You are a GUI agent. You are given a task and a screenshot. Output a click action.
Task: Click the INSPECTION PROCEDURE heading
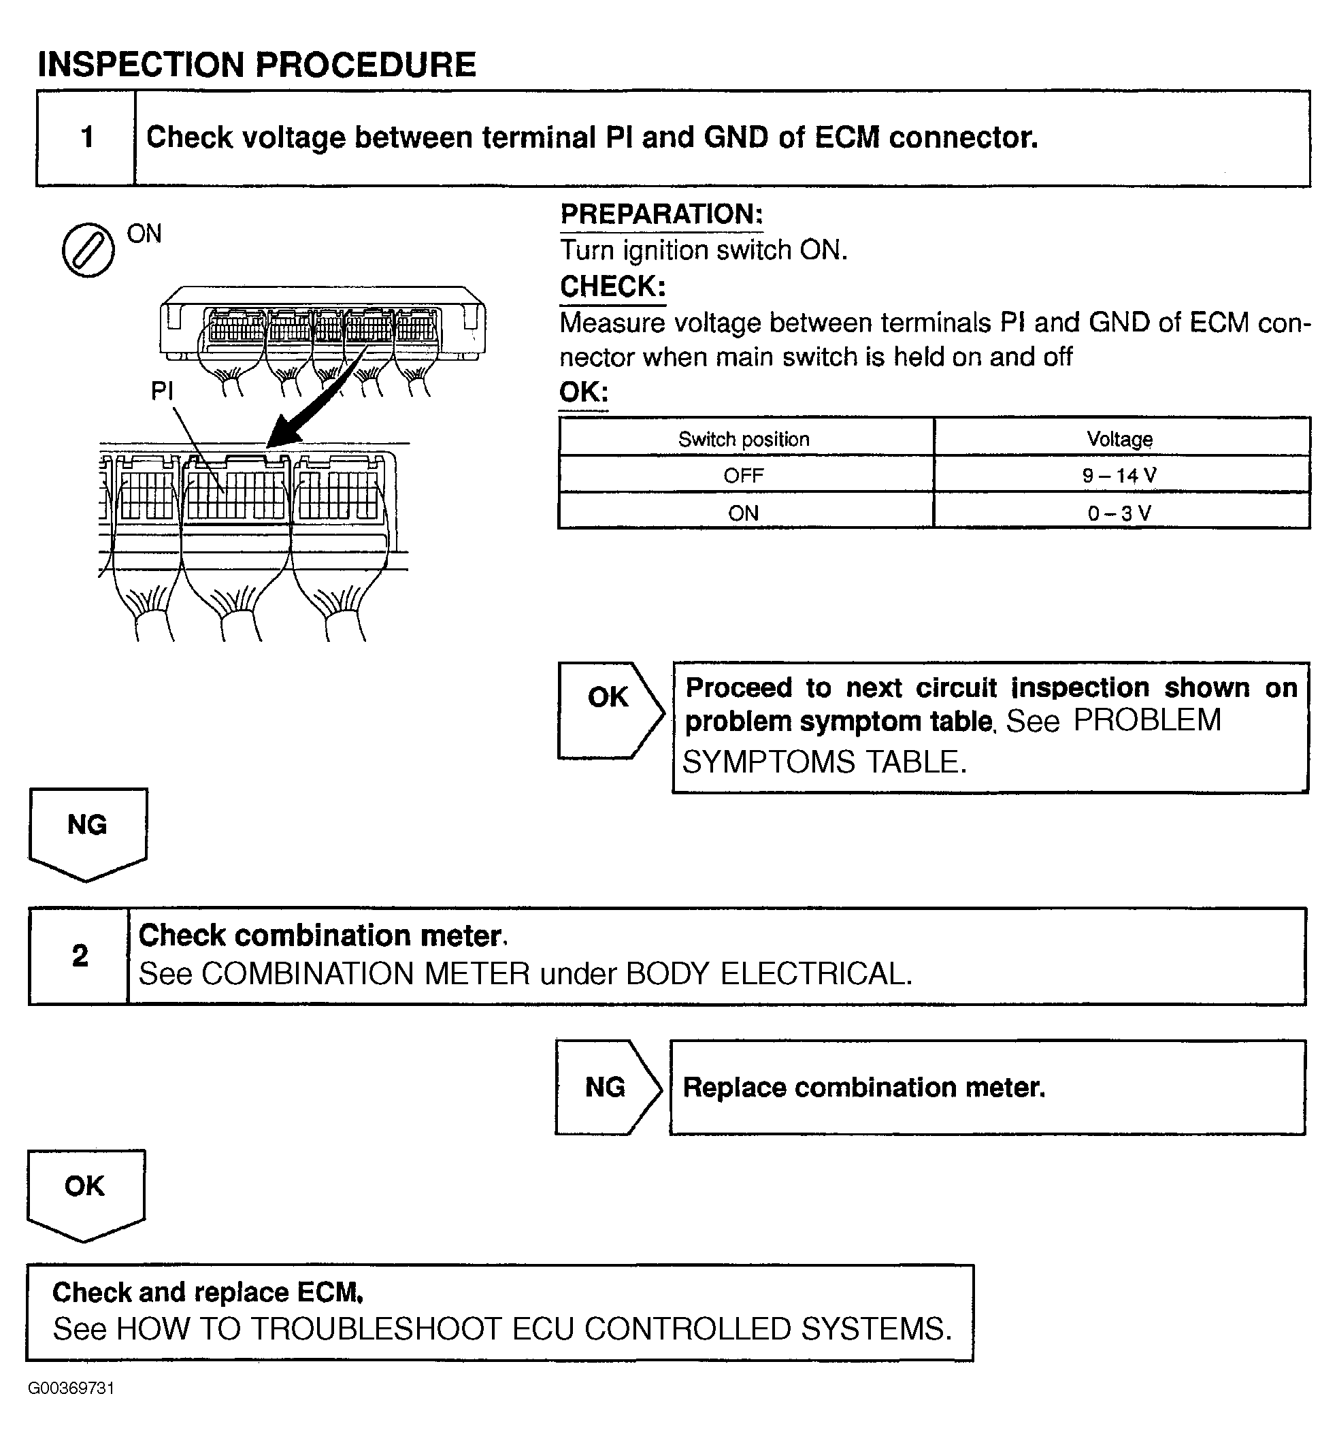pyautogui.click(x=257, y=65)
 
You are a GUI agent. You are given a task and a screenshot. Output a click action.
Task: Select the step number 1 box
pyautogui.click(x=86, y=137)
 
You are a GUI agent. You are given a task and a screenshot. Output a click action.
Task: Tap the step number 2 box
pyautogui.click(x=80, y=956)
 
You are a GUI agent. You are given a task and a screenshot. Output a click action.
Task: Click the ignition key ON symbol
pyautogui.click(x=88, y=250)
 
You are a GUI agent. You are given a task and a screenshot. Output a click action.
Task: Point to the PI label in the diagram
pyautogui.click(x=161, y=391)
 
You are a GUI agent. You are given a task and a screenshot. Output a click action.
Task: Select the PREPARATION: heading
pyautogui.click(x=661, y=214)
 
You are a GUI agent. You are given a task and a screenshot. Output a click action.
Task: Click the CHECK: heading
pyautogui.click(x=612, y=287)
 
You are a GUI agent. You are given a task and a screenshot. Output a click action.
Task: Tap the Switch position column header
pyautogui.click(x=744, y=439)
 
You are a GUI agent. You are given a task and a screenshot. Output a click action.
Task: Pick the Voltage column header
pyautogui.click(x=1119, y=439)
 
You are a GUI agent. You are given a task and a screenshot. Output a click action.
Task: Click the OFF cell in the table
pyautogui.click(x=744, y=475)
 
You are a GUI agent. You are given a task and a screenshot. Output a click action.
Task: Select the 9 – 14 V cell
pyautogui.click(x=1119, y=475)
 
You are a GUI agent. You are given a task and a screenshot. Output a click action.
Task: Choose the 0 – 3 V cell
pyautogui.click(x=1119, y=513)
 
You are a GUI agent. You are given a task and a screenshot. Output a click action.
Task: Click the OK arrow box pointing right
pyautogui.click(x=609, y=710)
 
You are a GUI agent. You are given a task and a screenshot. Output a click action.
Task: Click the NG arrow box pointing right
pyautogui.click(x=606, y=1087)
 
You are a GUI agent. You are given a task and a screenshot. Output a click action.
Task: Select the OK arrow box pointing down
pyautogui.click(x=85, y=1192)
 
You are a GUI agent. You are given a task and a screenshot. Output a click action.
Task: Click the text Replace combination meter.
pyautogui.click(x=864, y=1088)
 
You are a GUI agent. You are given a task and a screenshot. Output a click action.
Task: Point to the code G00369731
pyautogui.click(x=71, y=1388)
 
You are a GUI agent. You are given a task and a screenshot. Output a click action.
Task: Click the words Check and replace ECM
pyautogui.click(x=207, y=1293)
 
